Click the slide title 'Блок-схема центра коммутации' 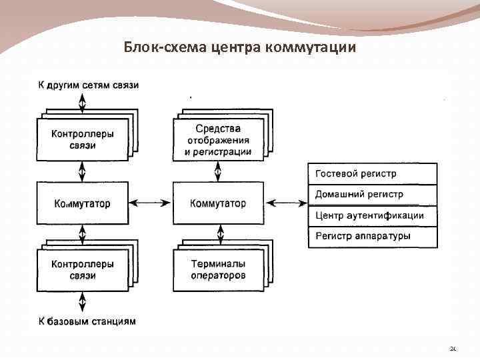(x=240, y=48)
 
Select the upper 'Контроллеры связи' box (x=83, y=139)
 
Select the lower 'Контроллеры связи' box (x=83, y=270)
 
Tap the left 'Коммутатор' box (x=83, y=203)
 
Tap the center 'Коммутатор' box (x=218, y=203)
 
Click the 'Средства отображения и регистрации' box (x=218, y=139)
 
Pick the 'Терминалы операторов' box (x=218, y=270)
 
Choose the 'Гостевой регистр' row (x=372, y=173)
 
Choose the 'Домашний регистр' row (x=372, y=195)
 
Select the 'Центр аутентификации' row (x=372, y=216)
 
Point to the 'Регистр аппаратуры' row (x=372, y=237)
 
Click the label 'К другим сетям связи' (x=88, y=85)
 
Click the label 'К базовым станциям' (x=87, y=321)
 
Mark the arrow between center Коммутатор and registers (x=285, y=203)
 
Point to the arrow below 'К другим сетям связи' (x=83, y=104)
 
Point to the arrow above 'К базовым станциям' (x=83, y=303)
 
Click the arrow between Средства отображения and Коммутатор (x=218, y=172)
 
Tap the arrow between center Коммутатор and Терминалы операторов (x=218, y=235)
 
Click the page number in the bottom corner (x=453, y=349)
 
